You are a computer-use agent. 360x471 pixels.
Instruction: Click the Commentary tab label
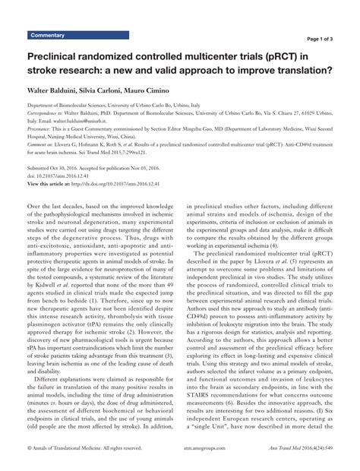click(x=47, y=36)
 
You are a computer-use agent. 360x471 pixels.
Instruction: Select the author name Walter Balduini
click(x=55, y=90)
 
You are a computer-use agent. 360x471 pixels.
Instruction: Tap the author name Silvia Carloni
click(x=117, y=90)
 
